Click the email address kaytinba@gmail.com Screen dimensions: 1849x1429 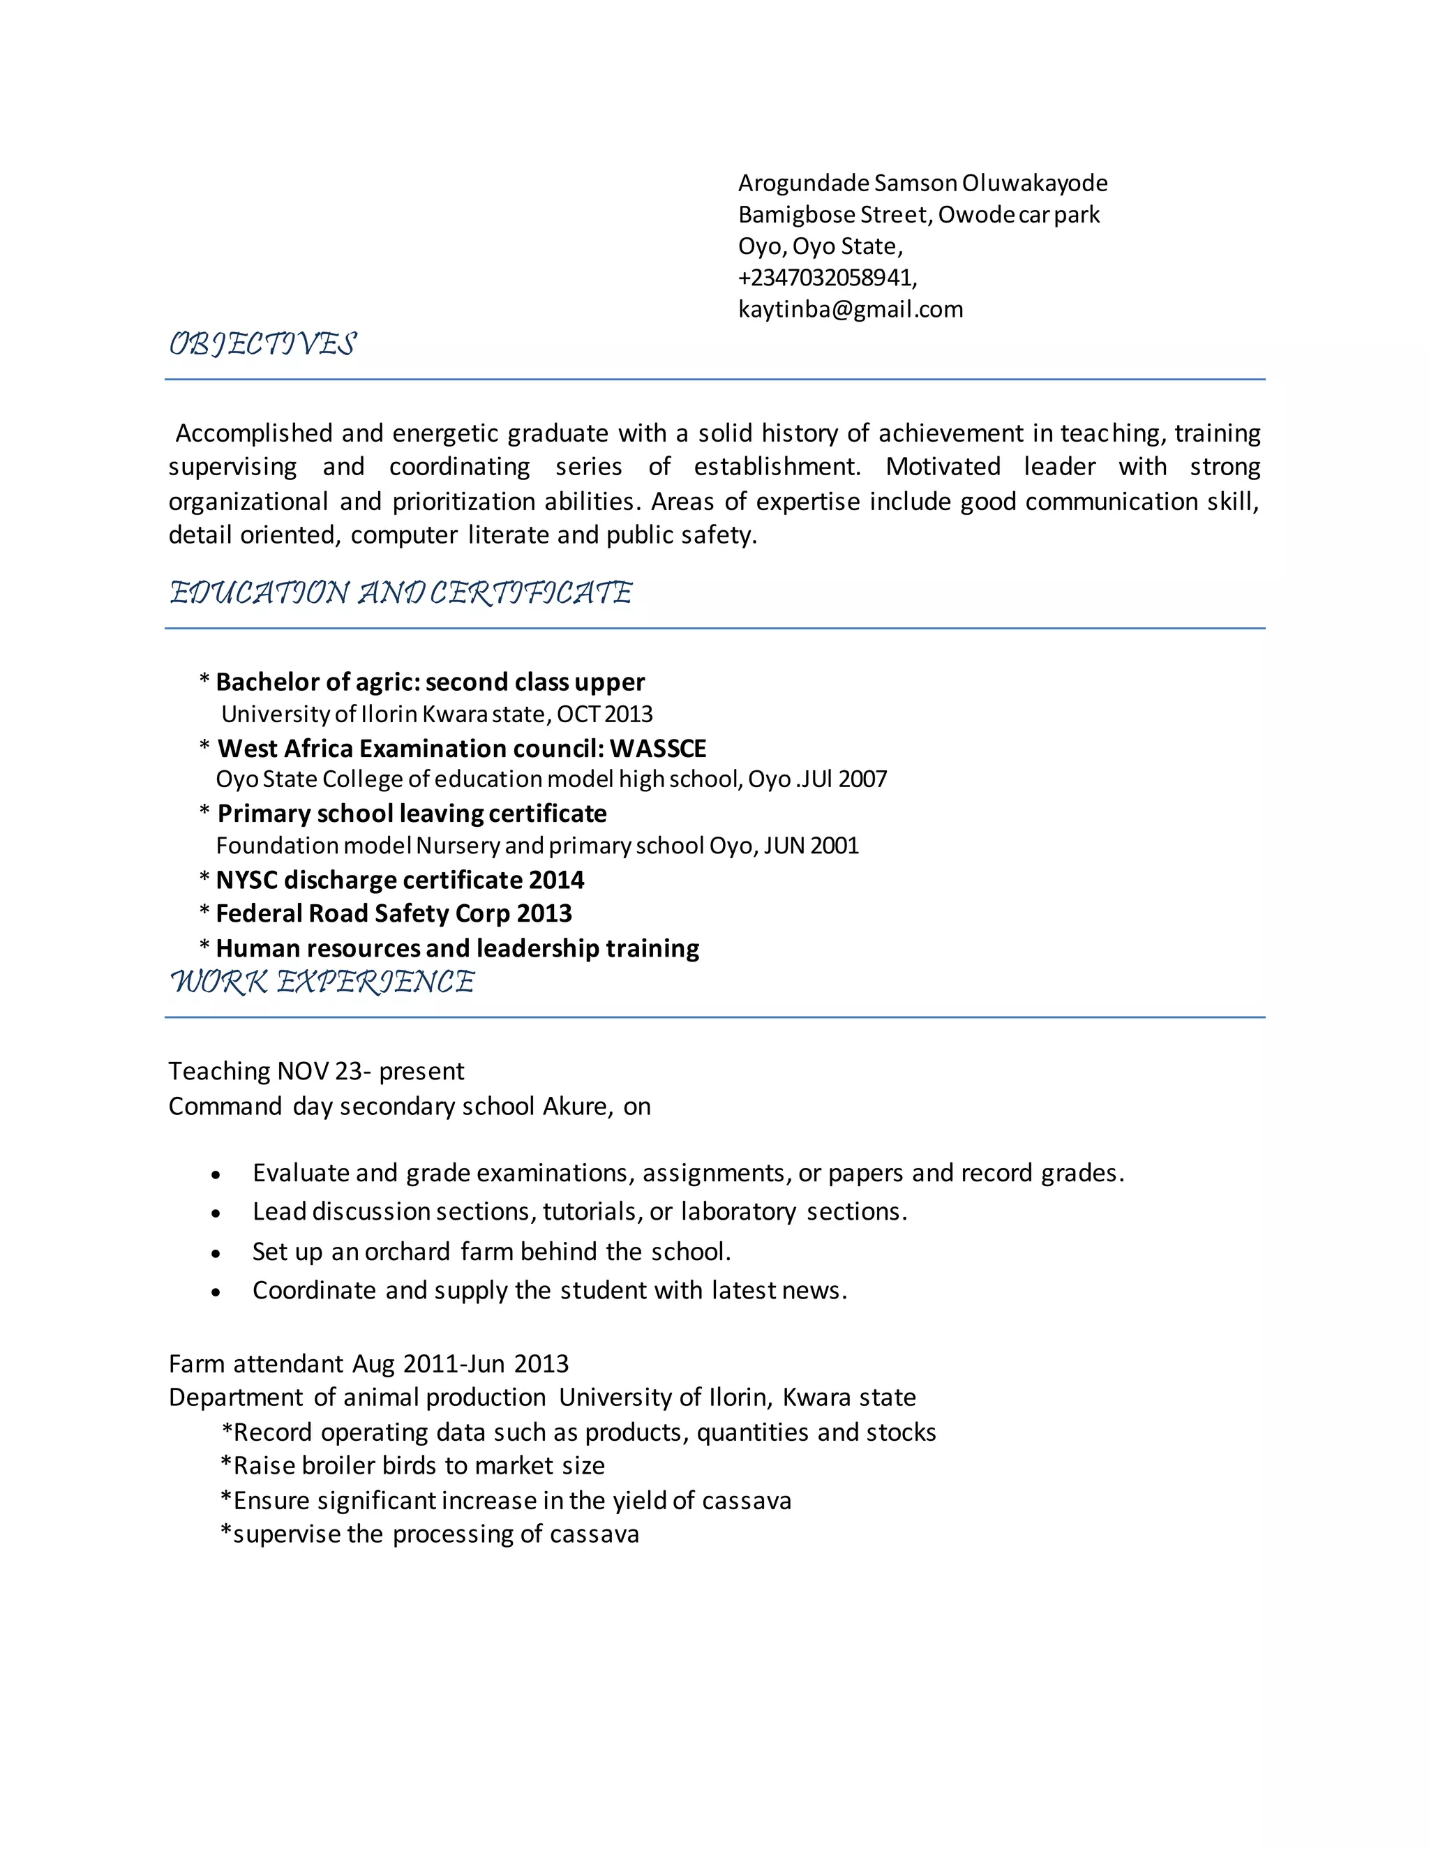tap(850, 309)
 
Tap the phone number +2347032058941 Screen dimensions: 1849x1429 tap(826, 278)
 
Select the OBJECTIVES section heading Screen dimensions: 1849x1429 tap(262, 344)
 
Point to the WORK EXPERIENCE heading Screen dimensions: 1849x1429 tap(322, 982)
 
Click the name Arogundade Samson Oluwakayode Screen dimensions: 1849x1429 tap(922, 183)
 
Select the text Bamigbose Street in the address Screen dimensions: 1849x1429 tap(833, 215)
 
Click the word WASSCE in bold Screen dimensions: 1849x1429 tap(658, 749)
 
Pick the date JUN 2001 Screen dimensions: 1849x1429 tap(810, 846)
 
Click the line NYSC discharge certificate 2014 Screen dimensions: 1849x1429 tap(400, 881)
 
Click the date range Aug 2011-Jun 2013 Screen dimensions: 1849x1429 tap(461, 1364)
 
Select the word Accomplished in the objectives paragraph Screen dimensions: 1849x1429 tap(253, 433)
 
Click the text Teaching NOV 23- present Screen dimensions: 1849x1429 tap(316, 1072)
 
